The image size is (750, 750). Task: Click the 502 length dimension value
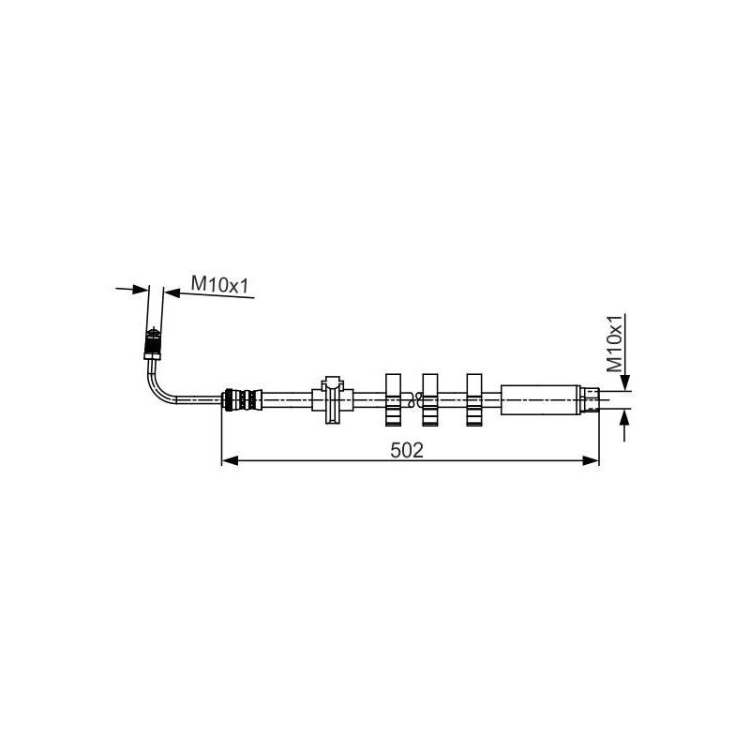coord(408,449)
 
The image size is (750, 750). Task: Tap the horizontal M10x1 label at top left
coord(219,283)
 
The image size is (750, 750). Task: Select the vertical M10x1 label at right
coord(615,344)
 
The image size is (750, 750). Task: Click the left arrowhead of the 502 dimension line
coord(228,460)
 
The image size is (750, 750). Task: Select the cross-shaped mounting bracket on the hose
coord(333,399)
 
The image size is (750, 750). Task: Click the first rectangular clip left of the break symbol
coord(394,399)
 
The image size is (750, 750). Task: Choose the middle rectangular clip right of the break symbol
coord(430,399)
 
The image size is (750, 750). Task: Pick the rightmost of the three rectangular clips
coord(475,399)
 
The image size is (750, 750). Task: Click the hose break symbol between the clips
coord(412,399)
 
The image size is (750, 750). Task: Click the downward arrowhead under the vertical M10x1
coord(624,383)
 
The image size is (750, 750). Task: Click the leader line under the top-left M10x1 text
coord(202,294)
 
